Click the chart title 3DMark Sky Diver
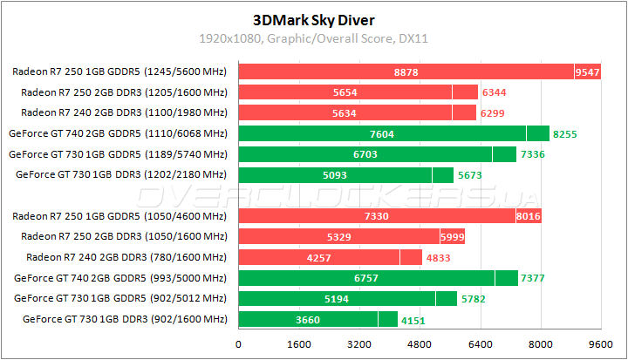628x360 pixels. click(x=313, y=18)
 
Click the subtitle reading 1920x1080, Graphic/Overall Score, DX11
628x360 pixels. click(x=313, y=38)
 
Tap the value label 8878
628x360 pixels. click(x=406, y=72)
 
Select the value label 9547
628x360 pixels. click(x=588, y=72)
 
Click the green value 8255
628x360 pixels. click(x=565, y=133)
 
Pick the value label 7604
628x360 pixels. click(x=382, y=133)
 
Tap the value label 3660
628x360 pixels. click(x=308, y=320)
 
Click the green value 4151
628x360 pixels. click(x=412, y=320)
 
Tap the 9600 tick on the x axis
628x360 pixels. click(x=601, y=343)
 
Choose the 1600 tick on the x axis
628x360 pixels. click(x=299, y=343)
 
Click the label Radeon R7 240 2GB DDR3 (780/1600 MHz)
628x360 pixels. click(x=126, y=257)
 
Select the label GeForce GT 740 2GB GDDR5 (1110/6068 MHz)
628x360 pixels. click(x=117, y=133)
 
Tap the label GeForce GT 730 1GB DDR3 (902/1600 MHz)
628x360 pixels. click(x=123, y=320)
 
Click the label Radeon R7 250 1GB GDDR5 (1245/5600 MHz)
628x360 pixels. click(x=120, y=71)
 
